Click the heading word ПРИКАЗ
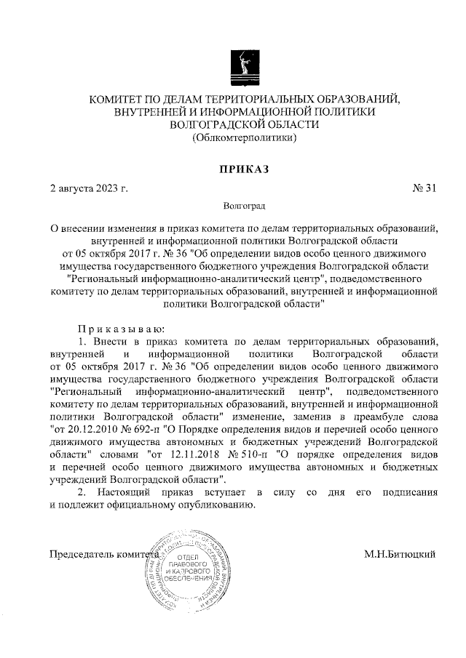pos(244,169)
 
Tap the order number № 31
pos(424,189)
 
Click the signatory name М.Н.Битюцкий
pos(400,555)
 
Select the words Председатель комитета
pos(103,555)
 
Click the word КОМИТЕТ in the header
pos(116,97)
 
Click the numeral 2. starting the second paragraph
pos(82,493)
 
